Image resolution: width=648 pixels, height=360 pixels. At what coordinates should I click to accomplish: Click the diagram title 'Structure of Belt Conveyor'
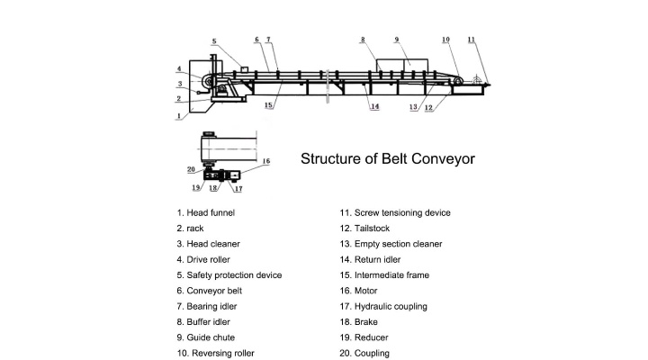click(x=388, y=159)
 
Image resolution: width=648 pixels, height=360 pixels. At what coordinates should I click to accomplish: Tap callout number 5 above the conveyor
click(x=214, y=41)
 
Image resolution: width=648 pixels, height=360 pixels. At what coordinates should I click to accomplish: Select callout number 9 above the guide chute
click(x=397, y=40)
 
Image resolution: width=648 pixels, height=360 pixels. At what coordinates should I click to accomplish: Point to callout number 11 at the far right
click(x=472, y=40)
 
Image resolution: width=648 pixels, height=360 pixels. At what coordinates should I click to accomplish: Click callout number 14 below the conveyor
click(x=374, y=106)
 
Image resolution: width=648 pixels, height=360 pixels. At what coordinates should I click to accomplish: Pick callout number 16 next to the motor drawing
click(x=266, y=161)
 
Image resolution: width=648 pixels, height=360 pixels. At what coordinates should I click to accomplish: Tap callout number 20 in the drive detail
click(x=191, y=169)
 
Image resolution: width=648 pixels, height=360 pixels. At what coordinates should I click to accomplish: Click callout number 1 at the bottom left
click(x=179, y=116)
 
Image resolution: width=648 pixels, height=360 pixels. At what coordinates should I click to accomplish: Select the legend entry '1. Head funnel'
click(x=206, y=213)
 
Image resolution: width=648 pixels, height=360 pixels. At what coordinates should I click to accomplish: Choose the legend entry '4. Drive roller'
click(x=203, y=259)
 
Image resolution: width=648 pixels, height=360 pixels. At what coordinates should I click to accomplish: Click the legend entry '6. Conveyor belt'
click(x=210, y=291)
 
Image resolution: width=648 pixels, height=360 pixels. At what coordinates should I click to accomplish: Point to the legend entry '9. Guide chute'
click(x=206, y=337)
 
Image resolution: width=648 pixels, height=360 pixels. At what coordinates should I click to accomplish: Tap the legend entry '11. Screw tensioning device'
click(x=395, y=213)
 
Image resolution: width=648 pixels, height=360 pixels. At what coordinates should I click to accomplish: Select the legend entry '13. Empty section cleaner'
click(x=391, y=244)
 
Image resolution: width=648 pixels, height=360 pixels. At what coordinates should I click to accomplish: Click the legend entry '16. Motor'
click(x=359, y=291)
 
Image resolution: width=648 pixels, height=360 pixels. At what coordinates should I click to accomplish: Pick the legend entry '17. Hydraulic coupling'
click(x=383, y=306)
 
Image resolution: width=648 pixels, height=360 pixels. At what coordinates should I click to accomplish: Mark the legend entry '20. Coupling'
click(x=364, y=353)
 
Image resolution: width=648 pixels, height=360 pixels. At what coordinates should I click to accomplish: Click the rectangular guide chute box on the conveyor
click(x=402, y=66)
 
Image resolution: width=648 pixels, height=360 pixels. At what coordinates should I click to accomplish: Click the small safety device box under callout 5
click(x=244, y=69)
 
